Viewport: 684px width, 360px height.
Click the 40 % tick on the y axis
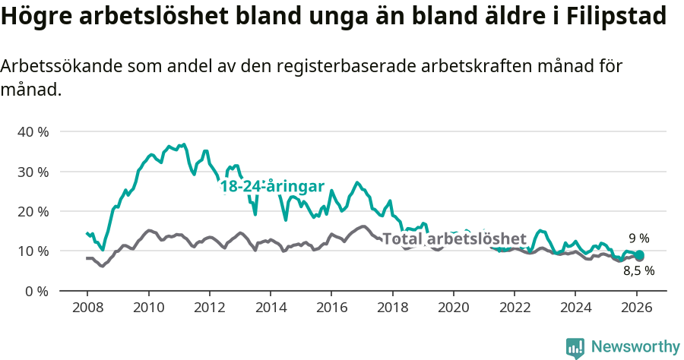(33, 131)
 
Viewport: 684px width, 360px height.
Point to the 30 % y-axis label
(33, 172)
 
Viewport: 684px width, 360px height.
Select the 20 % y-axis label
(33, 211)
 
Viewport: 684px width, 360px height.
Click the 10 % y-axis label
(33, 251)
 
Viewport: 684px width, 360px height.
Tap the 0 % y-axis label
(36, 291)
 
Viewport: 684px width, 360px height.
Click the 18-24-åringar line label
(272, 187)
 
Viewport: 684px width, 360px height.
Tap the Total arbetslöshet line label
(454, 238)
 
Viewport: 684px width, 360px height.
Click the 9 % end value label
(638, 238)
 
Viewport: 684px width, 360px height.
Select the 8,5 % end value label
(638, 270)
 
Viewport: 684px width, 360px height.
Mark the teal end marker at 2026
(639, 255)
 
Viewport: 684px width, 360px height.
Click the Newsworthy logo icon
(575, 348)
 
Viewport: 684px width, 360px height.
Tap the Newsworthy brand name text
(635, 347)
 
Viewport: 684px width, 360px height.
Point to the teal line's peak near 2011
(183, 144)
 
